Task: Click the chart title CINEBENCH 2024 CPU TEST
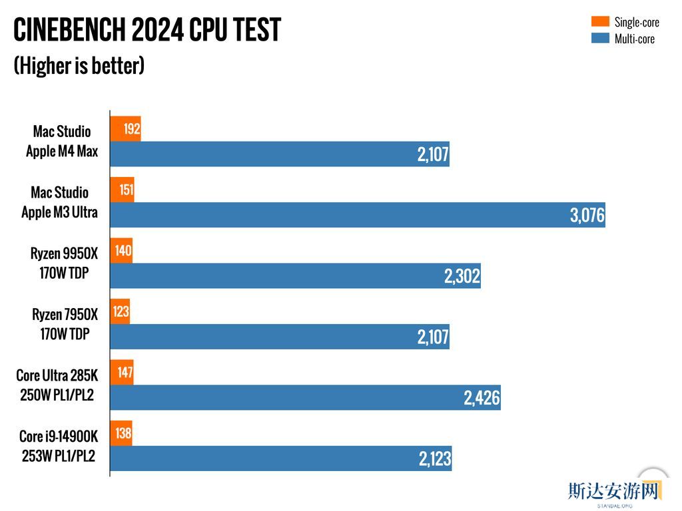tap(147, 30)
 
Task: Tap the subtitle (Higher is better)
tap(79, 65)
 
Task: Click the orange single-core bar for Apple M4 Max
tap(125, 128)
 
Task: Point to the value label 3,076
tap(587, 216)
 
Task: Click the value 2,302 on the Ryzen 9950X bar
tap(462, 276)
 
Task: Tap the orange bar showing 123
tap(120, 311)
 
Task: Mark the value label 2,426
tap(482, 399)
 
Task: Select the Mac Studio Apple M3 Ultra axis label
tap(59, 202)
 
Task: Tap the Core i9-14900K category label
tap(59, 446)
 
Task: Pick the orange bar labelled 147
tap(122, 373)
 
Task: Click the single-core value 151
tap(126, 190)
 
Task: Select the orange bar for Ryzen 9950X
tap(121, 251)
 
